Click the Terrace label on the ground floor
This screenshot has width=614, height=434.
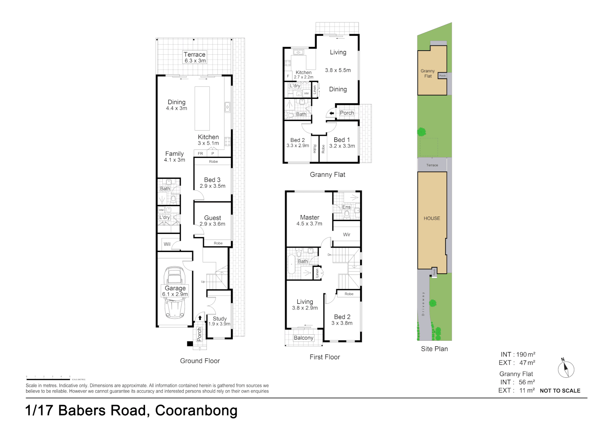tap(194, 55)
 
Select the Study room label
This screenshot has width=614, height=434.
tap(219, 319)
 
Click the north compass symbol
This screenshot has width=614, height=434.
tap(566, 369)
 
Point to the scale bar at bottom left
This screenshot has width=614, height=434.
tap(48, 379)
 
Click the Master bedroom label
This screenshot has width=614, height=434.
tap(309, 217)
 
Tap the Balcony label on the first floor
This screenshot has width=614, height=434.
tap(303, 338)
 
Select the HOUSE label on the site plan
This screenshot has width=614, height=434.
tap(432, 219)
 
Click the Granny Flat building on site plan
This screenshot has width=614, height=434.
tap(430, 72)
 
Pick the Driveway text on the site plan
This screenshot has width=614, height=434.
tap(423, 304)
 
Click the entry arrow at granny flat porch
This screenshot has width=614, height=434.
tap(332, 113)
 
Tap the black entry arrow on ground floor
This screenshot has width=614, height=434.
tap(200, 318)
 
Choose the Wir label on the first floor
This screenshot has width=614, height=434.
tap(346, 235)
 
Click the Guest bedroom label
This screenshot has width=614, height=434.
tap(213, 218)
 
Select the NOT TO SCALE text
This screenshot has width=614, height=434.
tap(560, 391)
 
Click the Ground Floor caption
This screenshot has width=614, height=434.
tap(200, 361)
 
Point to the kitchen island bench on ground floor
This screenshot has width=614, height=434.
tap(202, 108)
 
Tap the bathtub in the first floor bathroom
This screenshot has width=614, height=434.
tap(291, 265)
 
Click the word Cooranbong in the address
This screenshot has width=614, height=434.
tap(196, 410)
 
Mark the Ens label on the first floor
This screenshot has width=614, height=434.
tap(346, 207)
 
